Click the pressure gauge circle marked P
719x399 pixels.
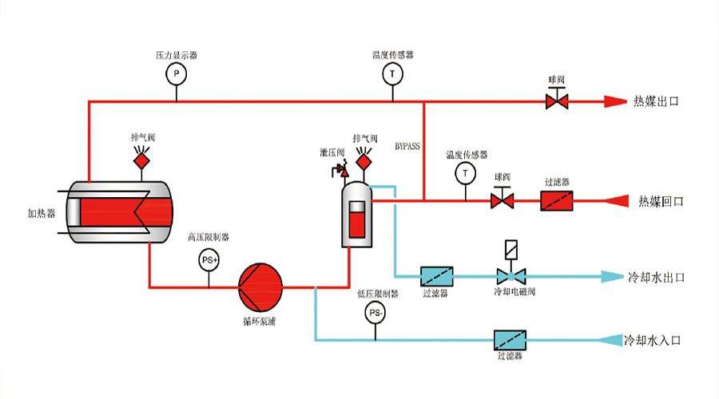click(x=176, y=74)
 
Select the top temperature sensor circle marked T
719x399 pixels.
click(x=392, y=74)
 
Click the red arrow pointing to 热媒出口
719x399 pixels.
click(x=614, y=101)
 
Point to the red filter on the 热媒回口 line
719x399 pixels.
click(x=557, y=200)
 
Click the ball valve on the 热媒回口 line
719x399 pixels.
click(x=503, y=200)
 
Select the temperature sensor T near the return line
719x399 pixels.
click(x=464, y=172)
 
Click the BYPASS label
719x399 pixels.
click(x=407, y=147)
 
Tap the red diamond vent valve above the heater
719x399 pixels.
click(x=142, y=160)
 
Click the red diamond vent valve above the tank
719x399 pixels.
click(x=363, y=162)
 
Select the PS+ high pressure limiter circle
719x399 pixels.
click(x=209, y=259)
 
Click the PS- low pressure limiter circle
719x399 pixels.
click(x=375, y=313)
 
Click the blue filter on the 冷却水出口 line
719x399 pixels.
click(x=437, y=277)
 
